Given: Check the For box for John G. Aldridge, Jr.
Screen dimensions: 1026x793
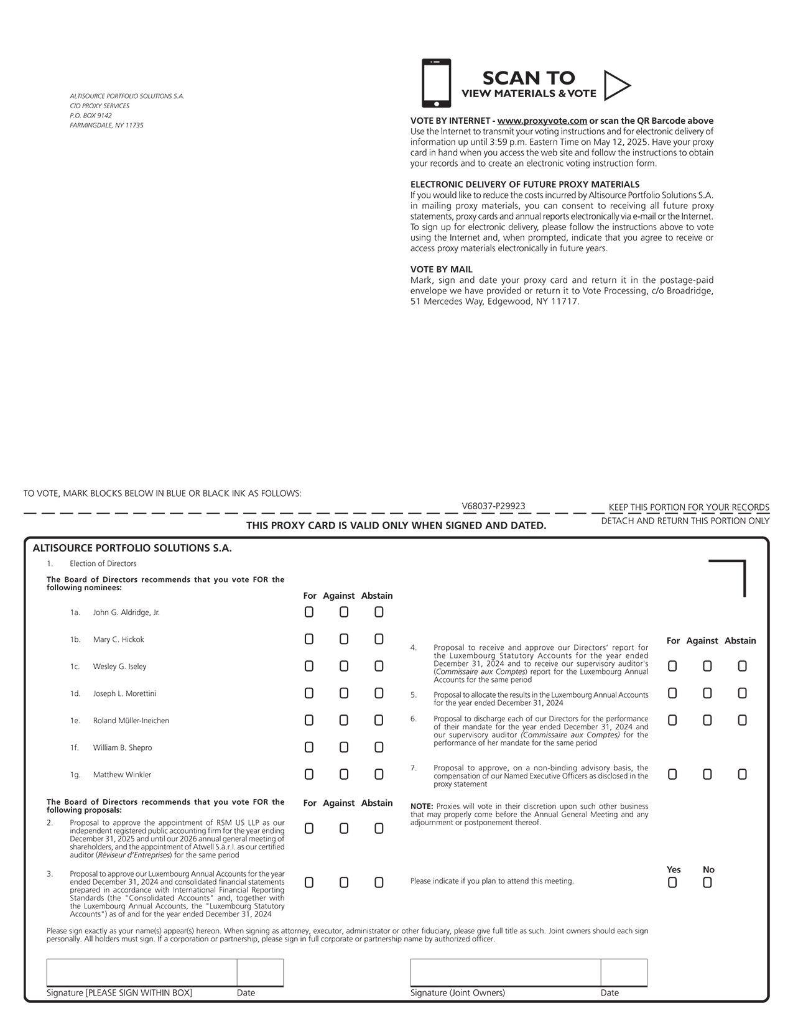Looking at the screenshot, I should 309,612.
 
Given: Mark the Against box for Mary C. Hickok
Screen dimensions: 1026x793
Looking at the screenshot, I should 344,639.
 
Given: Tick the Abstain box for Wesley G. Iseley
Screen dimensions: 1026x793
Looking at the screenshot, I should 379,666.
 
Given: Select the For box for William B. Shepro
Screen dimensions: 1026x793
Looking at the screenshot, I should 309,747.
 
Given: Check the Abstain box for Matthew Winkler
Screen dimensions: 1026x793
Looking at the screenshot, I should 379,774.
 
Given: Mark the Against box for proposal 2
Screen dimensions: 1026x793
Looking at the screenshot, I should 344,828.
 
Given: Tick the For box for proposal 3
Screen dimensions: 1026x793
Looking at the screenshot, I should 309,882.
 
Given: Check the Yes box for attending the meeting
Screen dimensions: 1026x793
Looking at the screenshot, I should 672,882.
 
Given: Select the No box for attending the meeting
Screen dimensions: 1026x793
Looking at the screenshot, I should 707,882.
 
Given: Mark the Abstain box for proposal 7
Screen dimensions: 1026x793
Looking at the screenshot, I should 742,774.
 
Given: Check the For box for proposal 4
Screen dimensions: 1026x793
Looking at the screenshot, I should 672,666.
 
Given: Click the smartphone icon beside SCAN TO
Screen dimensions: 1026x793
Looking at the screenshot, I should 436,83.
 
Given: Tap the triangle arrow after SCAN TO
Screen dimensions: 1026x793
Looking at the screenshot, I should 616,85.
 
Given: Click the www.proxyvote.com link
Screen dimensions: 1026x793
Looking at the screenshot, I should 542,121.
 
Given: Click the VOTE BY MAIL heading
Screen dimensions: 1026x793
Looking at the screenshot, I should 441,269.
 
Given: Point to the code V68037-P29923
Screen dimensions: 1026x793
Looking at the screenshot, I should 493,506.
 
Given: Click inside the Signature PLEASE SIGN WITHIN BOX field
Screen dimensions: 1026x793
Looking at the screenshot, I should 141,972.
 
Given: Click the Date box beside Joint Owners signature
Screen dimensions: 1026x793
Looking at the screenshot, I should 624,972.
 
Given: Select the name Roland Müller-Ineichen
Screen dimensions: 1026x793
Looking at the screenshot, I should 131,721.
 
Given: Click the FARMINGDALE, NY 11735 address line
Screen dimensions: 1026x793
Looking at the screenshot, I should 106,125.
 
